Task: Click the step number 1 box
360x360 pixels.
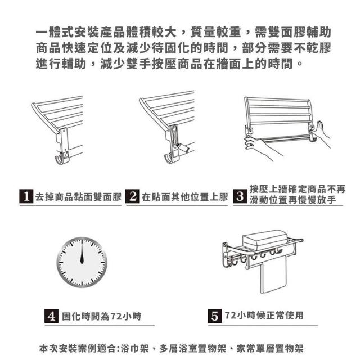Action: [x=26, y=196]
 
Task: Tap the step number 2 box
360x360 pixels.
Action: [x=132, y=196]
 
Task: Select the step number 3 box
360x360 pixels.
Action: [x=240, y=196]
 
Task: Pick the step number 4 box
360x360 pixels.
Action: [x=51, y=316]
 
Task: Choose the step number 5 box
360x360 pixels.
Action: [x=215, y=316]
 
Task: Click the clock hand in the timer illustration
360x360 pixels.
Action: [x=82, y=251]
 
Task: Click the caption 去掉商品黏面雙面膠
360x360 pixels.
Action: [x=78, y=197]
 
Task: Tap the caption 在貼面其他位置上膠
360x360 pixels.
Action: [x=185, y=197]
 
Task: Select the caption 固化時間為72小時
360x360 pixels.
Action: [x=102, y=316]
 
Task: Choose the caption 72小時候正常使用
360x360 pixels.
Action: [x=264, y=316]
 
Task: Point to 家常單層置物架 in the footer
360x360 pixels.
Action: [x=270, y=348]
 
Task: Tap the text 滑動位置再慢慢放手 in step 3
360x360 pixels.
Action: [x=293, y=200]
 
